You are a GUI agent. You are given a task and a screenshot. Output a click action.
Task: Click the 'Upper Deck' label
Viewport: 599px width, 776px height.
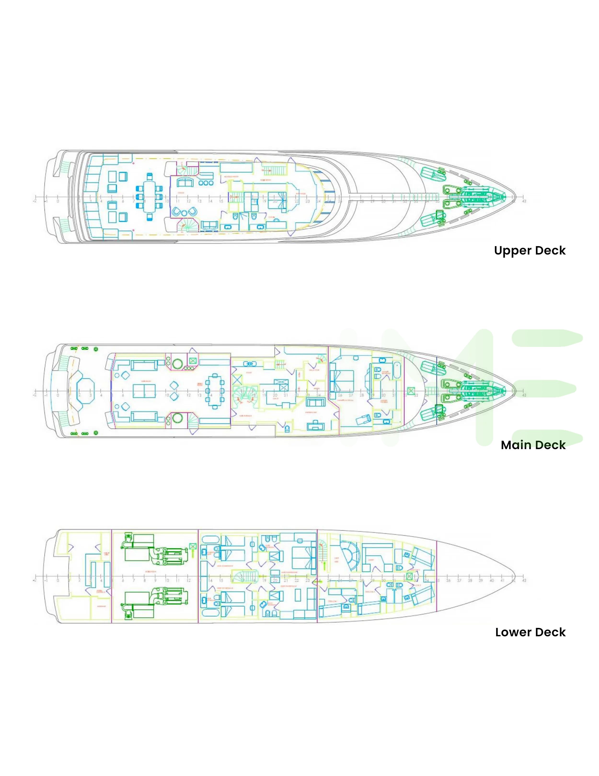coord(529,250)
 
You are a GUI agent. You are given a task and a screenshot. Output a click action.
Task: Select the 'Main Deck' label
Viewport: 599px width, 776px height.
coord(533,445)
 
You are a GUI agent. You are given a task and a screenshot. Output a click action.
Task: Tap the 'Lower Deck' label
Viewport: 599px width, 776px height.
coord(530,632)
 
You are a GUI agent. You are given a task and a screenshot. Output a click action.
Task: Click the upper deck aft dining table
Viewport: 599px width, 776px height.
coord(149,197)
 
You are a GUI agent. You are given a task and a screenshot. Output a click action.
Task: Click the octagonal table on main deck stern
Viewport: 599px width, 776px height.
coord(86,390)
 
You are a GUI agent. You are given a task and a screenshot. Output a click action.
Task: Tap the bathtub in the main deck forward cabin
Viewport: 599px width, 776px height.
coord(397,370)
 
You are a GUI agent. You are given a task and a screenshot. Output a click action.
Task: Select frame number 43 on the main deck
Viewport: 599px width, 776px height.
coord(524,395)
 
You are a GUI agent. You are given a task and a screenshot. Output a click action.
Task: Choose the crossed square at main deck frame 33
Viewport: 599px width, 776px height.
coord(411,391)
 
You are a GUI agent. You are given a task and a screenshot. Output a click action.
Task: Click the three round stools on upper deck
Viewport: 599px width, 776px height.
coord(206,183)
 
